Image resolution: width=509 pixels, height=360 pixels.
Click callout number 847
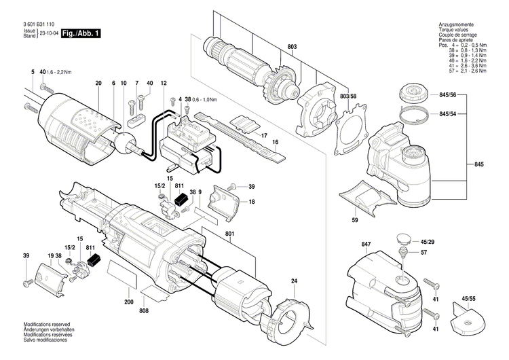click(366, 244)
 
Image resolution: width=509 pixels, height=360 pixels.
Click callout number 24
click(295, 281)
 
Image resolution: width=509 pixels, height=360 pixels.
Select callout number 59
click(355, 219)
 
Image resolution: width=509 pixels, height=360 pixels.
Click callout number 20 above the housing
click(98, 83)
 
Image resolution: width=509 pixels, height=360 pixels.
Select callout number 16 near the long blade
click(276, 143)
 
